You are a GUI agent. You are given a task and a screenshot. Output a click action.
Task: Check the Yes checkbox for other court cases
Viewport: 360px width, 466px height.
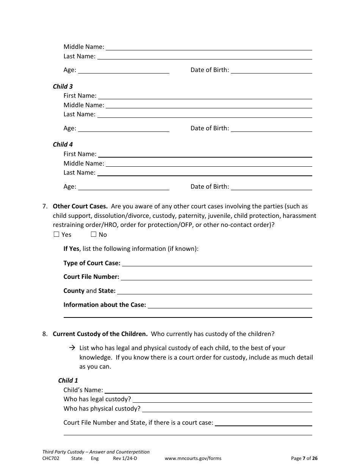click(56, 235)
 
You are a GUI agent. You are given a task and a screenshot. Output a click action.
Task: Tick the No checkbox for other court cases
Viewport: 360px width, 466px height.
click(94, 235)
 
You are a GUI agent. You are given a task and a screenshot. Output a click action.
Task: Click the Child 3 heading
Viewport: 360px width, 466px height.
click(63, 86)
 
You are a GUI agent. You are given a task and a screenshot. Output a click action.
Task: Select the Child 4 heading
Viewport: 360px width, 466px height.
click(63, 144)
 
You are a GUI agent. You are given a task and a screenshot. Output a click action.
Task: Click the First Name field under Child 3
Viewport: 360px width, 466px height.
click(205, 96)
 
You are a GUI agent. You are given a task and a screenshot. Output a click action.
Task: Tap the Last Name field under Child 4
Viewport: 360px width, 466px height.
click(205, 173)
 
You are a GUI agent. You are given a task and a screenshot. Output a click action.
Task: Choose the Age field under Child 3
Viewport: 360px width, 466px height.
click(123, 128)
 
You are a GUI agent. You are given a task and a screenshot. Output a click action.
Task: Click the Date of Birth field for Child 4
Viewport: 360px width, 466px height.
click(271, 187)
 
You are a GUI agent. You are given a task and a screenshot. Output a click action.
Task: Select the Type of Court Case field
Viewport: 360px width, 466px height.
click(217, 263)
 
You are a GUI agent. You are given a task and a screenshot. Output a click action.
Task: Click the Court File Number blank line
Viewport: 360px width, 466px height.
click(216, 277)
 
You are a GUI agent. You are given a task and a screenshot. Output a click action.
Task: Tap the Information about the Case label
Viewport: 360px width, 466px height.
click(105, 305)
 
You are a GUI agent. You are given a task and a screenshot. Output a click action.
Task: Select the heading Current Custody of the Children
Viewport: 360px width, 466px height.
click(100, 334)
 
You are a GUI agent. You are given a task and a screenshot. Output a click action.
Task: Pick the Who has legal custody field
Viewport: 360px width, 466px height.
click(222, 399)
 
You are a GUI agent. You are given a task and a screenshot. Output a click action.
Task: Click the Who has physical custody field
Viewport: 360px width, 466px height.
click(227, 409)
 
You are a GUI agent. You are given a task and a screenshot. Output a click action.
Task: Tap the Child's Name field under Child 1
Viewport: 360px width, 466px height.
click(208, 390)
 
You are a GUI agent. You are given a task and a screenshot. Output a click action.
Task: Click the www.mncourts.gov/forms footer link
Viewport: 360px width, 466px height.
click(193, 458)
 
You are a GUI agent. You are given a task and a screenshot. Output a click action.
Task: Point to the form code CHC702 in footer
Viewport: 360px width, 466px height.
click(51, 458)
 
